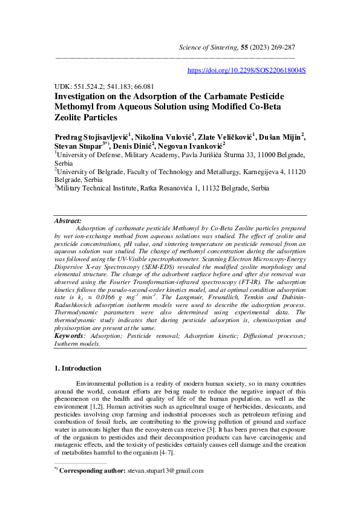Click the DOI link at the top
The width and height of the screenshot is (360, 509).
coord(246,70)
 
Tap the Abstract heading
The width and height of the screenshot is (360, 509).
coord(68,221)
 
